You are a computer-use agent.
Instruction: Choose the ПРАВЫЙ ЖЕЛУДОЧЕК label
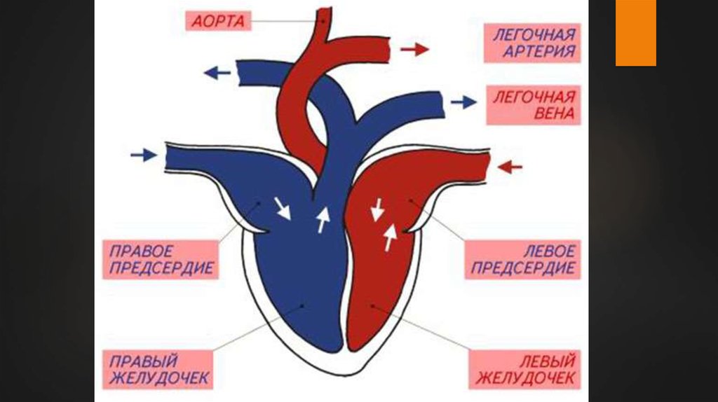(x=159, y=370)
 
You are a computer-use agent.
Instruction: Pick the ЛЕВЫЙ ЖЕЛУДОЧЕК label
(x=527, y=370)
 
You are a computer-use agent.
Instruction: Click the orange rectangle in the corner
(x=635, y=33)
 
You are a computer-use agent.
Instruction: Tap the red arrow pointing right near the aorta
(x=414, y=49)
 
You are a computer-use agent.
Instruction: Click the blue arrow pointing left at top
(x=217, y=72)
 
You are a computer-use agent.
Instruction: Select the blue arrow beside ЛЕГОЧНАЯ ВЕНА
(x=463, y=102)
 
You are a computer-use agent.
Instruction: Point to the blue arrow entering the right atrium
(x=144, y=155)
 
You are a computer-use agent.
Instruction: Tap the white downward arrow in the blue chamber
(x=283, y=207)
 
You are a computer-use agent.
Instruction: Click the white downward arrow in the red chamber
(x=377, y=209)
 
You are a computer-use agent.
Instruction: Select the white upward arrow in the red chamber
(x=389, y=238)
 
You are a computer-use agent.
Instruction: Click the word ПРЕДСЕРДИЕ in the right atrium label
(x=161, y=268)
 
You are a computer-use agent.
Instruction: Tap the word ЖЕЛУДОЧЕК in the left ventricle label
(x=527, y=379)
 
